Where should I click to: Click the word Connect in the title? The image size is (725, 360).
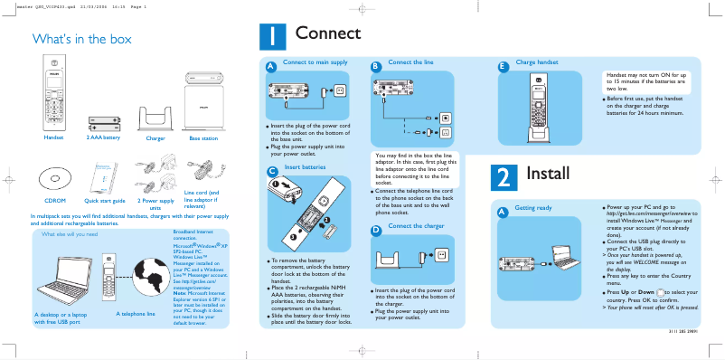(x=327, y=33)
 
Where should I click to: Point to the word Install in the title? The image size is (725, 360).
(x=548, y=173)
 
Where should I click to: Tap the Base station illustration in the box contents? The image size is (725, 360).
(x=202, y=108)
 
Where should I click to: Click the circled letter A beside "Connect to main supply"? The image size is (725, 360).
(x=270, y=68)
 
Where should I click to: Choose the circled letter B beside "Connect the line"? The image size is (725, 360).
(x=375, y=67)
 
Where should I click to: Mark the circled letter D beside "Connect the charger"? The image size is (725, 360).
(x=375, y=231)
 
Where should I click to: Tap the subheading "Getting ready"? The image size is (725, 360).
(x=533, y=208)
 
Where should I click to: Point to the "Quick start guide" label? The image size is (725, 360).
(x=104, y=200)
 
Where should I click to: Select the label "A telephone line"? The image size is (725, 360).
(x=136, y=314)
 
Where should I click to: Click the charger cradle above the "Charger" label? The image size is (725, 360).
(x=155, y=118)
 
